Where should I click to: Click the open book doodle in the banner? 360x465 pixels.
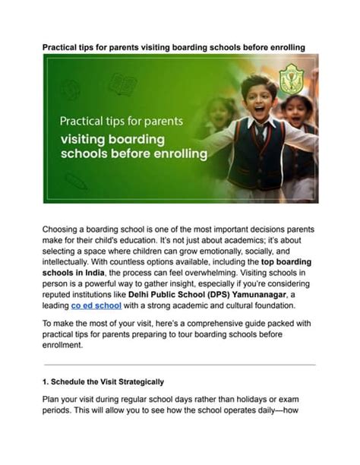(122, 84)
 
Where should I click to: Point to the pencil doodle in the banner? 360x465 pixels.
(76, 181)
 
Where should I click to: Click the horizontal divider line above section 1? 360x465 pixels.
(179, 365)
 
